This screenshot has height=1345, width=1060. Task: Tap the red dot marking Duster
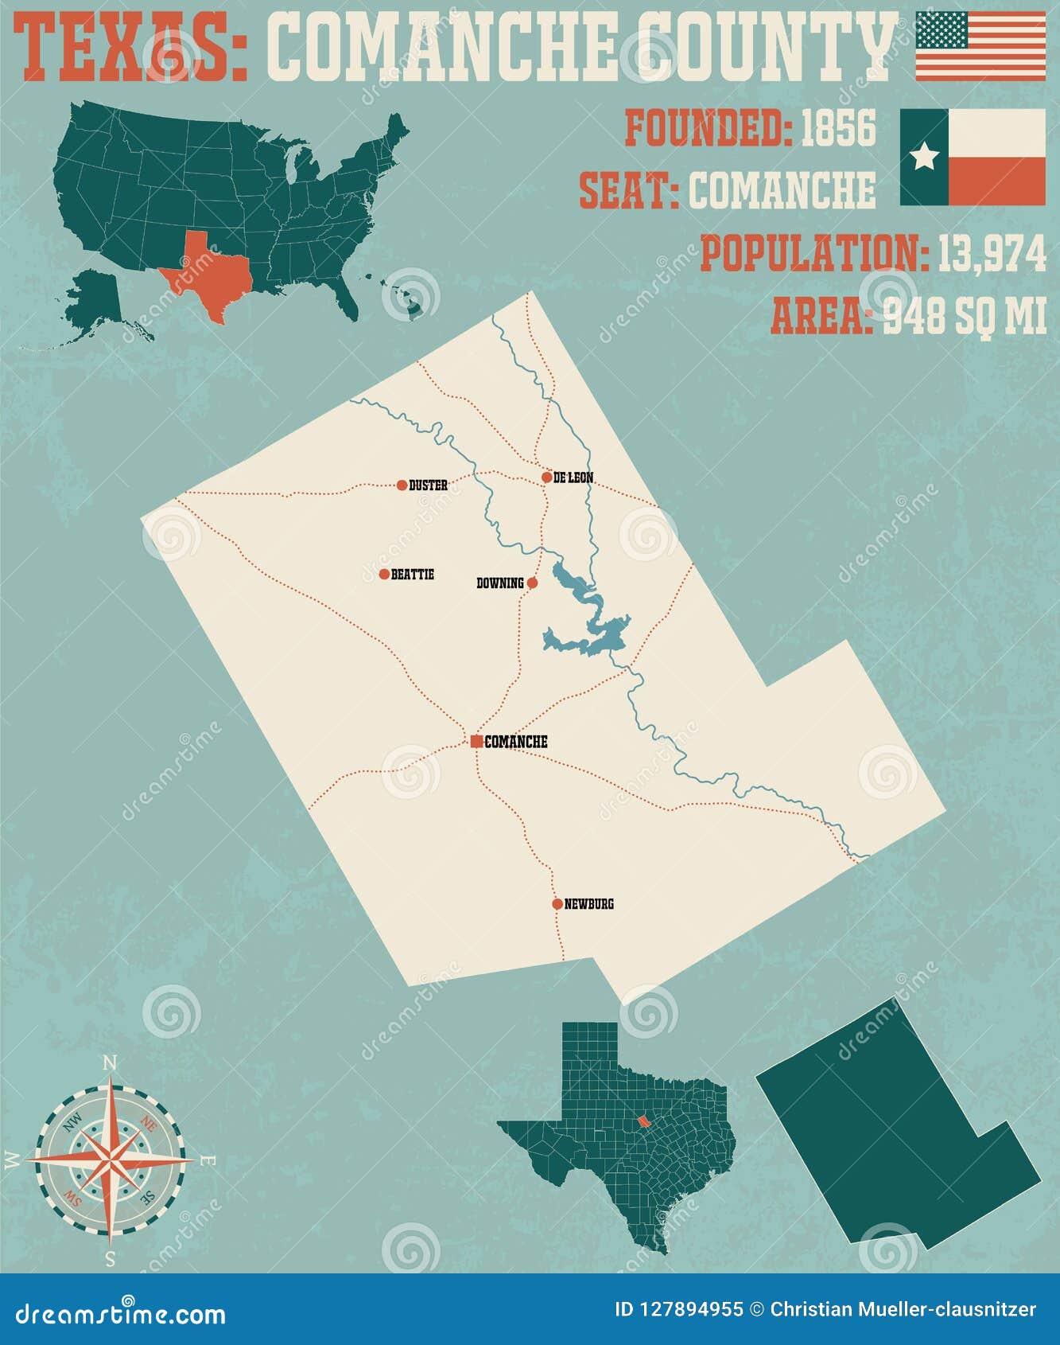(x=402, y=485)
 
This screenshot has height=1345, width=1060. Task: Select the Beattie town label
(x=412, y=574)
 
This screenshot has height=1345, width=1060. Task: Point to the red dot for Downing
(x=533, y=583)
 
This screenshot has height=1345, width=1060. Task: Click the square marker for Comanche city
(x=476, y=742)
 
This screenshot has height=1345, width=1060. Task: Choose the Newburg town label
(x=588, y=904)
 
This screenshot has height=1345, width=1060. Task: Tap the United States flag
(x=980, y=46)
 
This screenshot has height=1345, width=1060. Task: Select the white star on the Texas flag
(x=924, y=157)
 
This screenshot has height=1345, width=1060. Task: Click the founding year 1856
(x=838, y=129)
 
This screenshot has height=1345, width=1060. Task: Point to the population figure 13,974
(x=992, y=254)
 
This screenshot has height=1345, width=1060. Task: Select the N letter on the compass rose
(x=111, y=1063)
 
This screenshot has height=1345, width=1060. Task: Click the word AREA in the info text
(x=819, y=317)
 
